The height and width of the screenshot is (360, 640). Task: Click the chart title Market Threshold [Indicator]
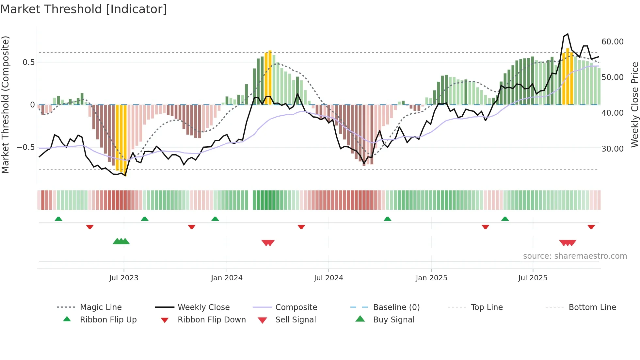click(x=84, y=9)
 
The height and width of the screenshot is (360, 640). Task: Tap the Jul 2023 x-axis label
click(x=124, y=278)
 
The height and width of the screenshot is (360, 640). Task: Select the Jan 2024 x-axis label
click(x=227, y=278)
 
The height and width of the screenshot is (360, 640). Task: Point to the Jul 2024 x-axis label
click(x=328, y=278)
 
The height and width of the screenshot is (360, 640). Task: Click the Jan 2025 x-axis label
click(x=431, y=278)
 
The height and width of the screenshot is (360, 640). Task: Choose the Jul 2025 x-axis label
click(x=533, y=278)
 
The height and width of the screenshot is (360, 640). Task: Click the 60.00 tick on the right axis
click(x=612, y=42)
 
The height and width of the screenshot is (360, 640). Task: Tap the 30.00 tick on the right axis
click(x=612, y=149)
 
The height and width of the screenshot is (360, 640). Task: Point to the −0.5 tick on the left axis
click(x=25, y=147)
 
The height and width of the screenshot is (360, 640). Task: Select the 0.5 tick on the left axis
click(x=28, y=62)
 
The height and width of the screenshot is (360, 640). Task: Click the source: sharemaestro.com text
click(x=575, y=256)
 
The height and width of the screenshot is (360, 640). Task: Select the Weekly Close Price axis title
click(x=634, y=105)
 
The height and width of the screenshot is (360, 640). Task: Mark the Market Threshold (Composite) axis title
click(x=5, y=105)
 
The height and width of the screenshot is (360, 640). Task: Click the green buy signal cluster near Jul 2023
click(x=121, y=241)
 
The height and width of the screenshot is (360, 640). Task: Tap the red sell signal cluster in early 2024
click(x=268, y=243)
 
